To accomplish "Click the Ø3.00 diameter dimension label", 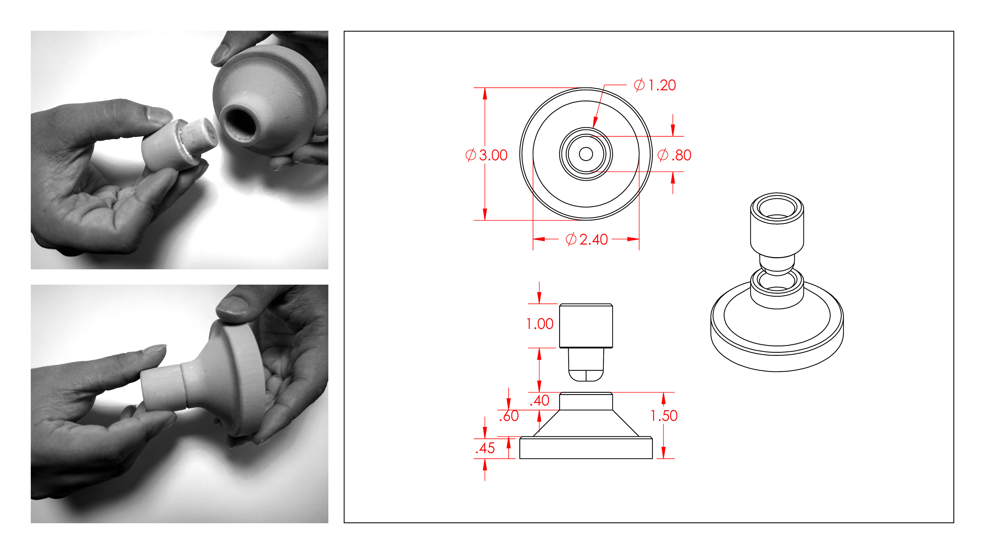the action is point(486,155).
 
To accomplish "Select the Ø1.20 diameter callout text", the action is point(655,85).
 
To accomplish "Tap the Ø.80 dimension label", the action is point(674,155).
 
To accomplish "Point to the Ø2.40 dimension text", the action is point(587,239).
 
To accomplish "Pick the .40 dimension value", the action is point(539,401).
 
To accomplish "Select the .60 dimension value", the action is point(509,416).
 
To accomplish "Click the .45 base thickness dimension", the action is point(485,448).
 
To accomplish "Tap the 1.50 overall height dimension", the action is point(664,416).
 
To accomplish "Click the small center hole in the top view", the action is point(586,154).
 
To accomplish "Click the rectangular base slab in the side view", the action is point(586,448).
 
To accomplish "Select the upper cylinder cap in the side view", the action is point(586,326).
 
